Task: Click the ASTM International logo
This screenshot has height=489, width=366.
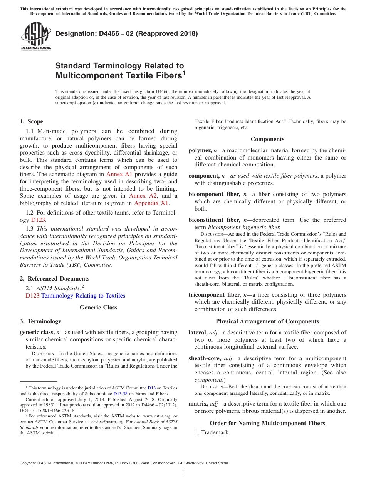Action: [36, 36]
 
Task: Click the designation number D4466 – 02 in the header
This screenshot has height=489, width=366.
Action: [126, 33]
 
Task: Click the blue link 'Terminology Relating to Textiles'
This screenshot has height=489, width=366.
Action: [83, 296]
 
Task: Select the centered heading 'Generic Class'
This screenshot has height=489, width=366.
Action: [98, 308]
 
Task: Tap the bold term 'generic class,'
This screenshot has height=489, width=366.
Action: [37, 332]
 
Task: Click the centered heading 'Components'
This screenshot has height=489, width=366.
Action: [267, 139]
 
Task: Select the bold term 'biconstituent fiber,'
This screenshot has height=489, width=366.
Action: [214, 220]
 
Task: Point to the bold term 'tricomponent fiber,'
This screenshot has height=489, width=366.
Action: [214, 295]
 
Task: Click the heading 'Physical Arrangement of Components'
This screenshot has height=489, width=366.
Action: [267, 321]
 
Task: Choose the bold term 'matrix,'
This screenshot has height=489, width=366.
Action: [198, 404]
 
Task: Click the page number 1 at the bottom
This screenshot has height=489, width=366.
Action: [183, 472]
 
